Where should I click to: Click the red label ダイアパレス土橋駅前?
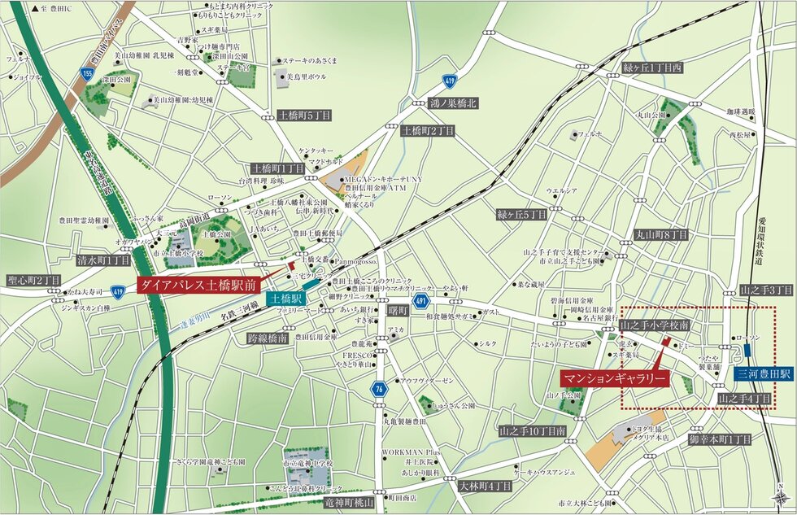[198, 286]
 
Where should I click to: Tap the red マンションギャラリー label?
[615, 378]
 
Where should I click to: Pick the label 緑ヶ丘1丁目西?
[652, 68]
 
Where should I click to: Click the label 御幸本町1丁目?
[719, 439]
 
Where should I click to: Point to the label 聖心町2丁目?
[30, 281]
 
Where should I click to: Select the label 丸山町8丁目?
[661, 234]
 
